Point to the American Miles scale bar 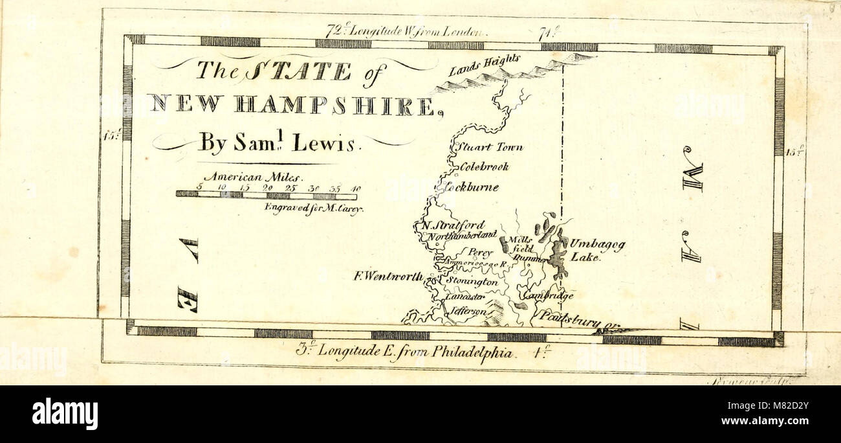coord(266,194)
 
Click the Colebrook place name coord(484,166)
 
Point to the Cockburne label coord(472,187)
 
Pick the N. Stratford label coord(453,225)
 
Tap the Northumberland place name coord(461,234)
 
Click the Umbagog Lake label coord(596,251)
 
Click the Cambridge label coord(549,295)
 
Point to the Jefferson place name coord(468,311)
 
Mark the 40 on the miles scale coord(356,188)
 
